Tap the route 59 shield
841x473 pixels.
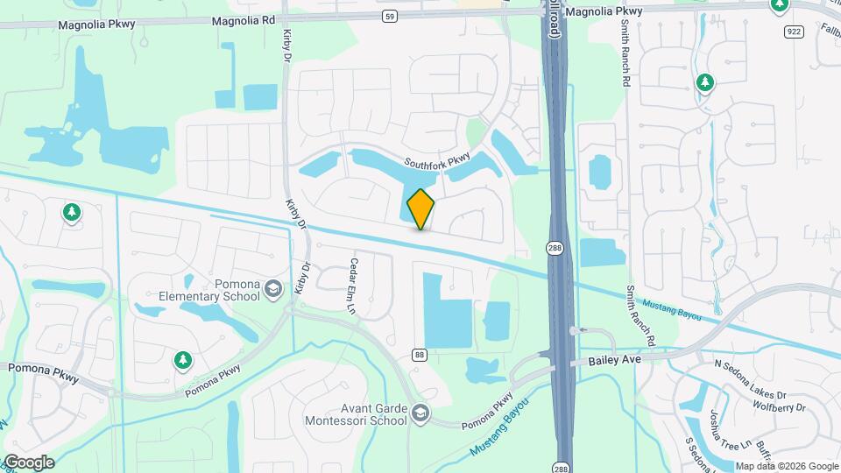(391, 16)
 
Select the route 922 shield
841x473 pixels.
(795, 32)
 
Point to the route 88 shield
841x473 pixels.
(420, 354)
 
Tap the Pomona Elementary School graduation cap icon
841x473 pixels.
(273, 289)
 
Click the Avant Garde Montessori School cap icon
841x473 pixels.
(420, 413)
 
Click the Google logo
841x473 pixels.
(28, 462)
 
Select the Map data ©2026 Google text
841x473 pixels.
(786, 466)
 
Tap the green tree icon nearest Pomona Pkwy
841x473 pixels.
(182, 359)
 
